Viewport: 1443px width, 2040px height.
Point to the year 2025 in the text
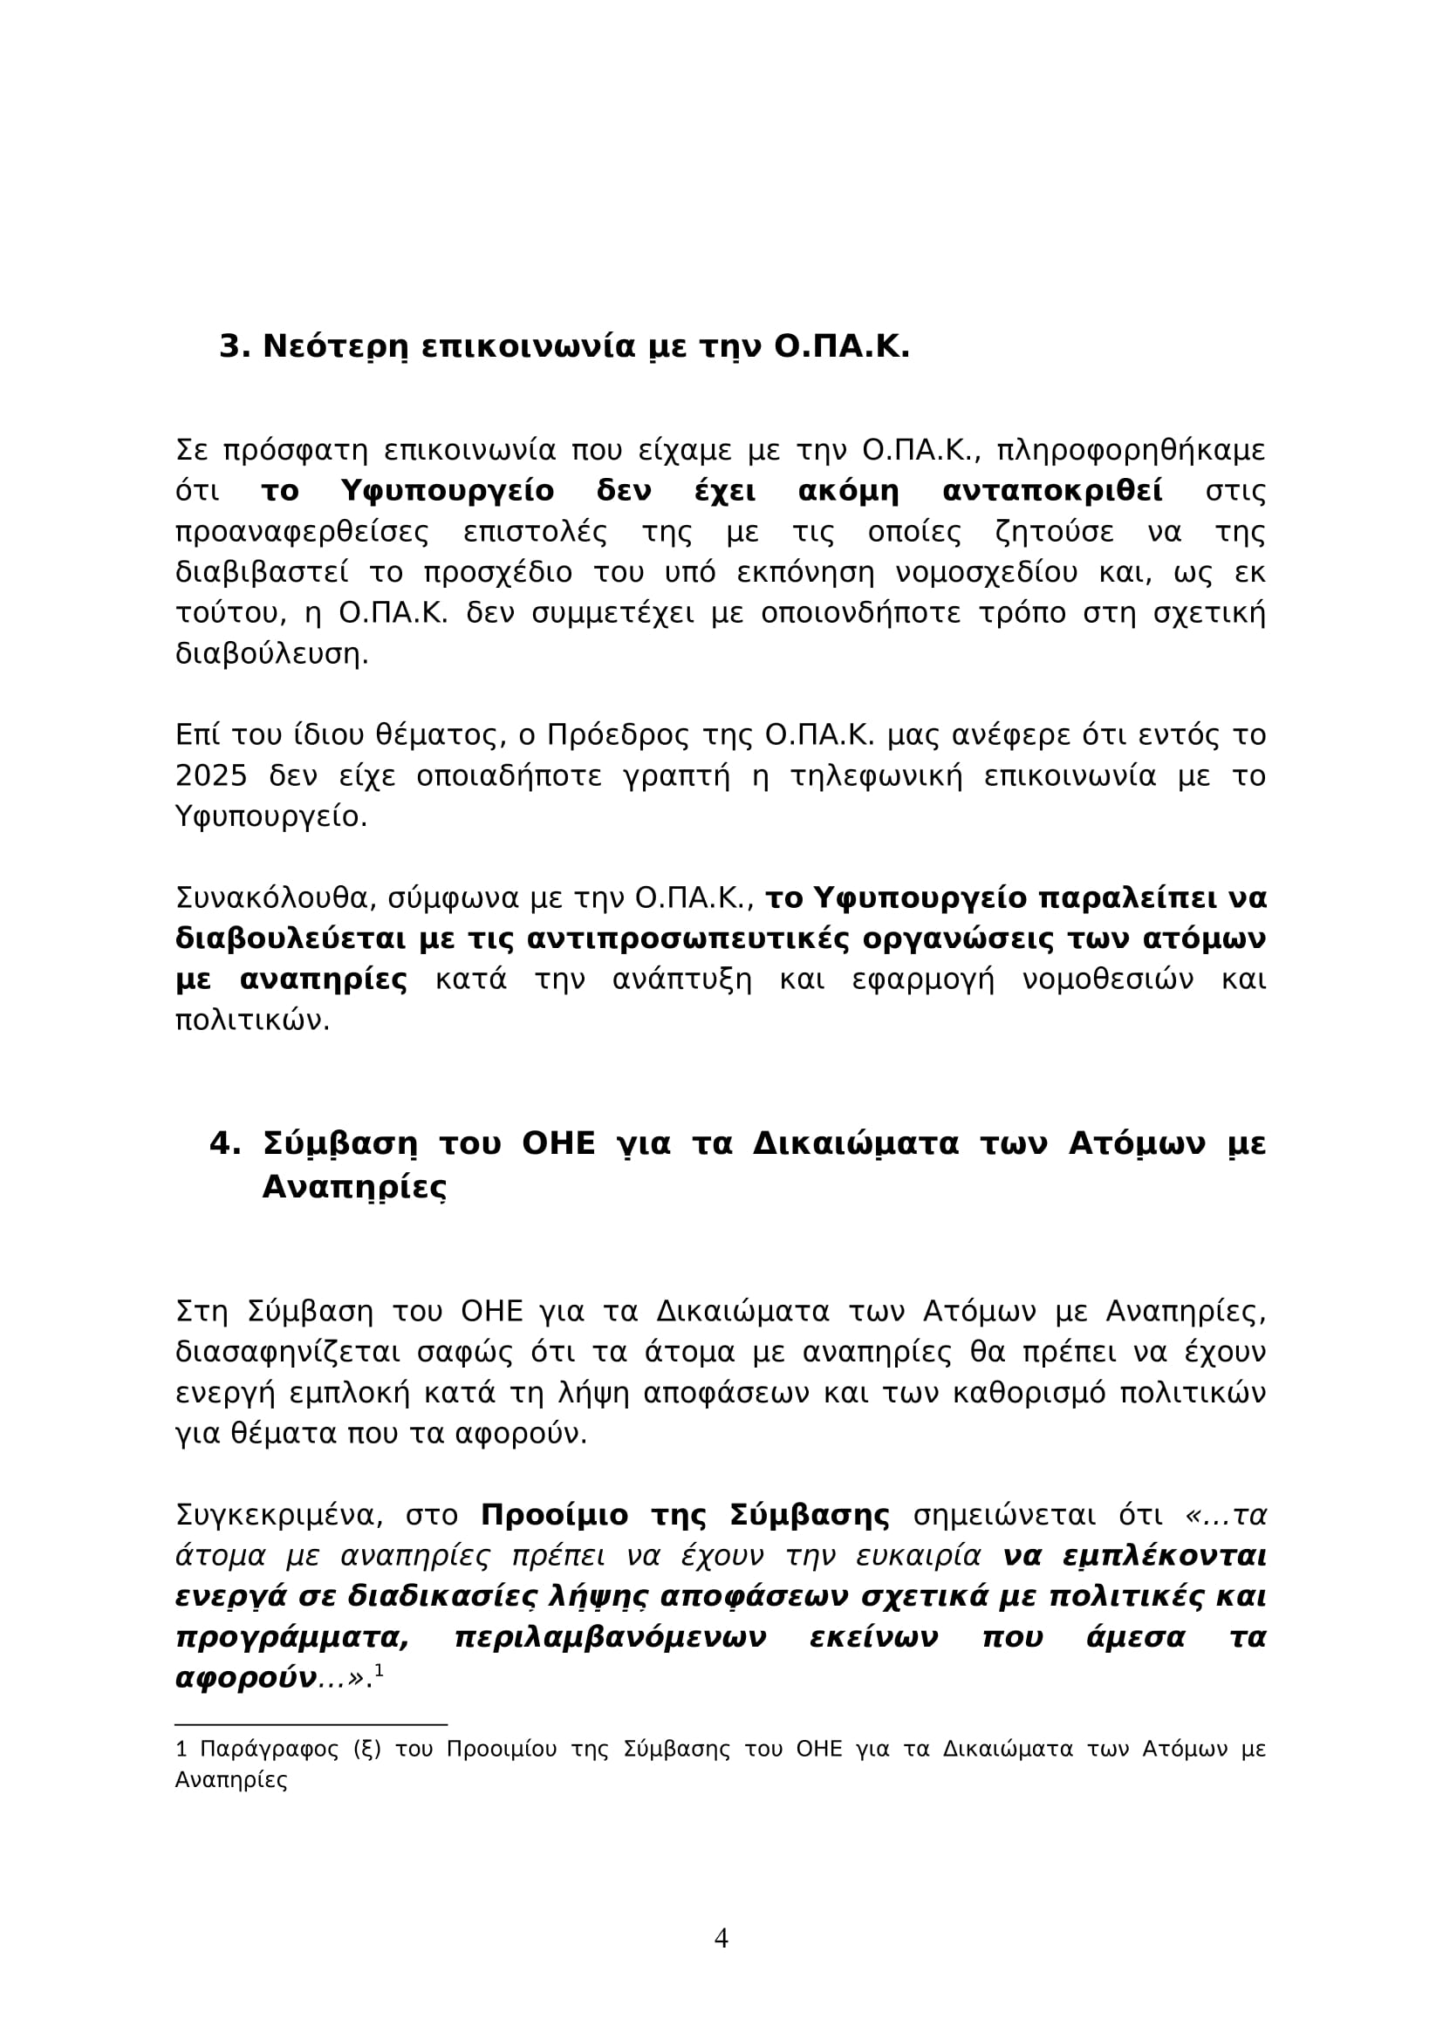210,776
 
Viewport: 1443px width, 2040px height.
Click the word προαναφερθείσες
302,532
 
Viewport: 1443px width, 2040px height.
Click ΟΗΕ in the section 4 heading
558,1143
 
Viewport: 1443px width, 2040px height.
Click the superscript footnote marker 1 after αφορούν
379,1670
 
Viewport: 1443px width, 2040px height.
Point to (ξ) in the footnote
367,1750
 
